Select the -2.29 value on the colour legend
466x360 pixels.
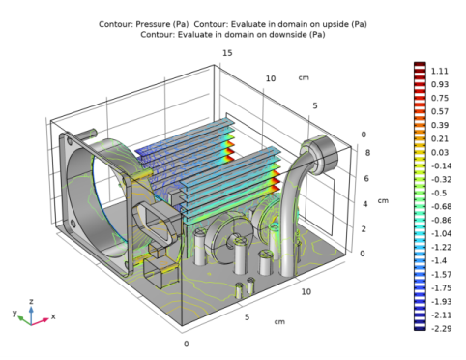pos(439,328)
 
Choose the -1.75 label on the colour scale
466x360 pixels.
pos(439,287)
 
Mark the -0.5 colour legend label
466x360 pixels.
pos(438,193)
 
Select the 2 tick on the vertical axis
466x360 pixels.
pos(363,229)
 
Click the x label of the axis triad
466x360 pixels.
pos(53,316)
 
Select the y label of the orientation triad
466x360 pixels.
pos(14,315)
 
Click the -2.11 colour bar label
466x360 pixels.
pos(439,315)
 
